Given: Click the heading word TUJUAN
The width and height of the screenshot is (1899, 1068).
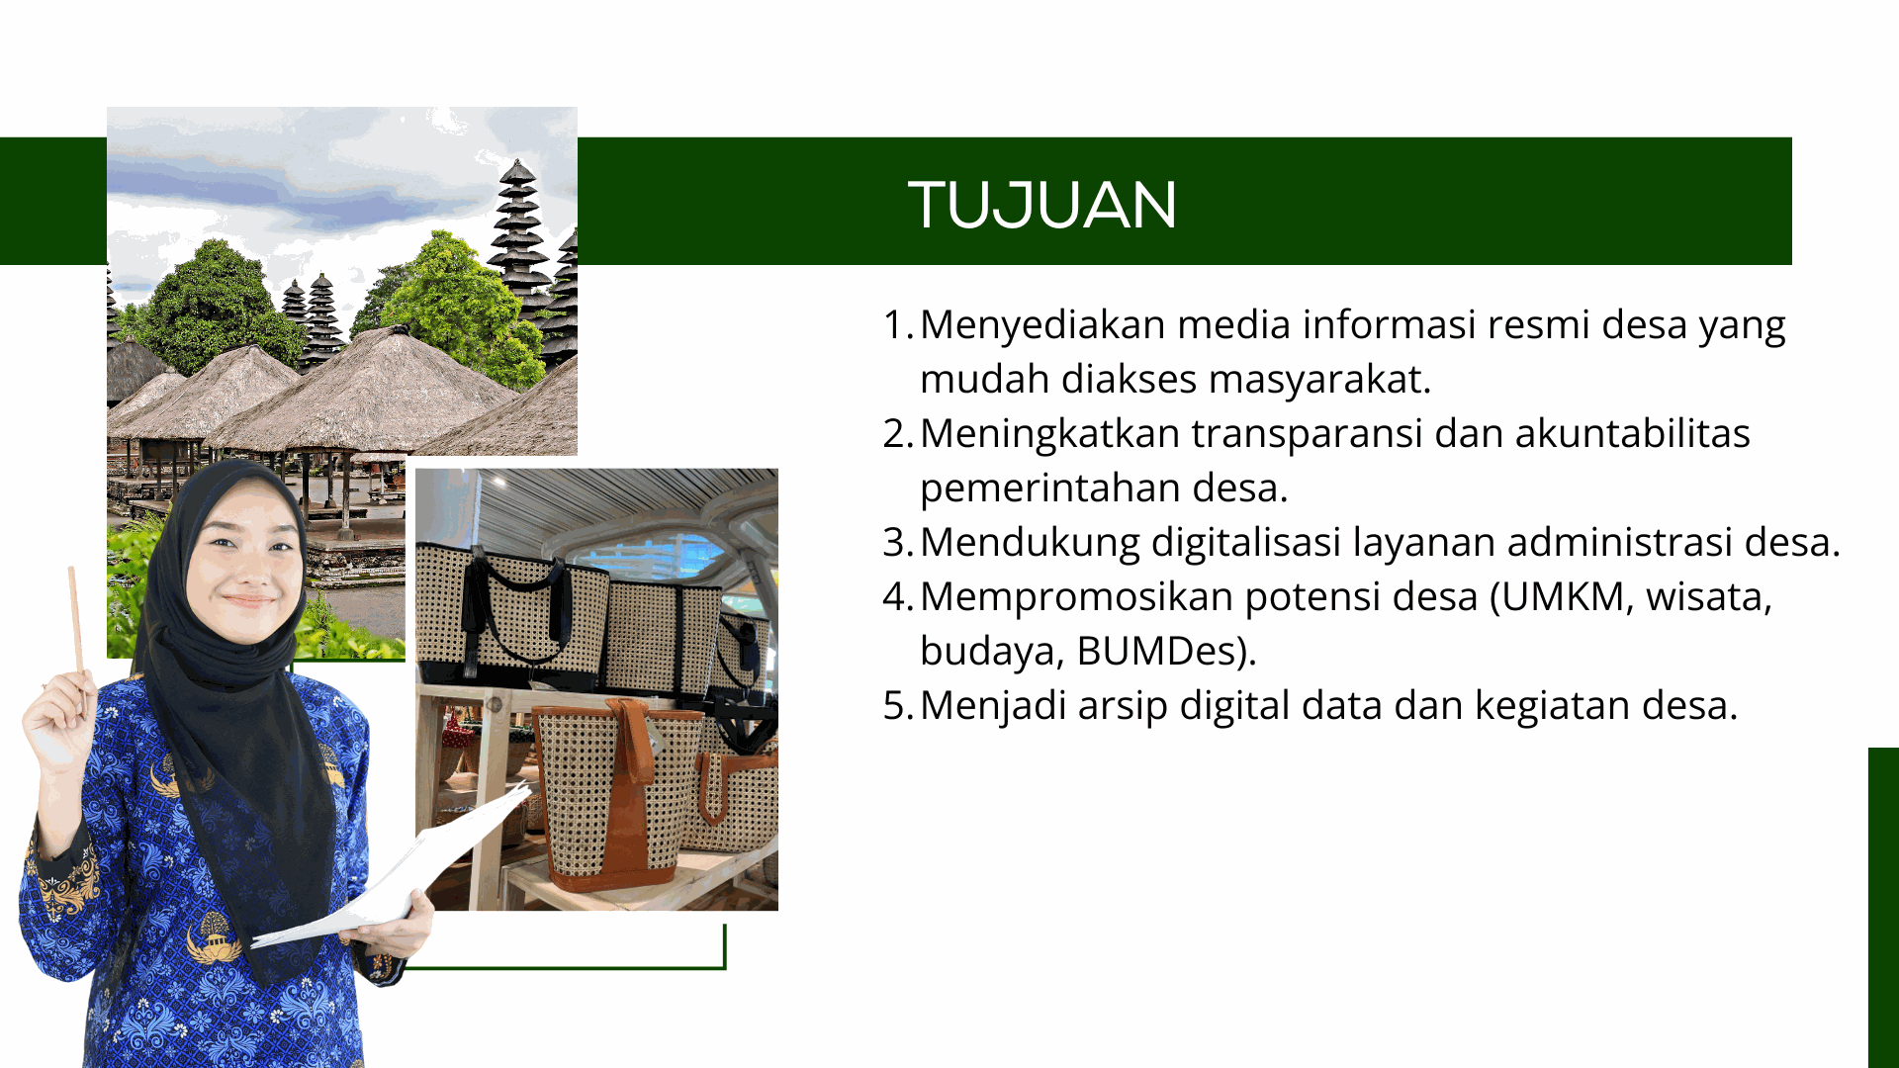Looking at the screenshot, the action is tap(1042, 205).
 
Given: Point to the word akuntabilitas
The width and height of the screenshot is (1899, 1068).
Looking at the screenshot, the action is tap(1633, 433).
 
